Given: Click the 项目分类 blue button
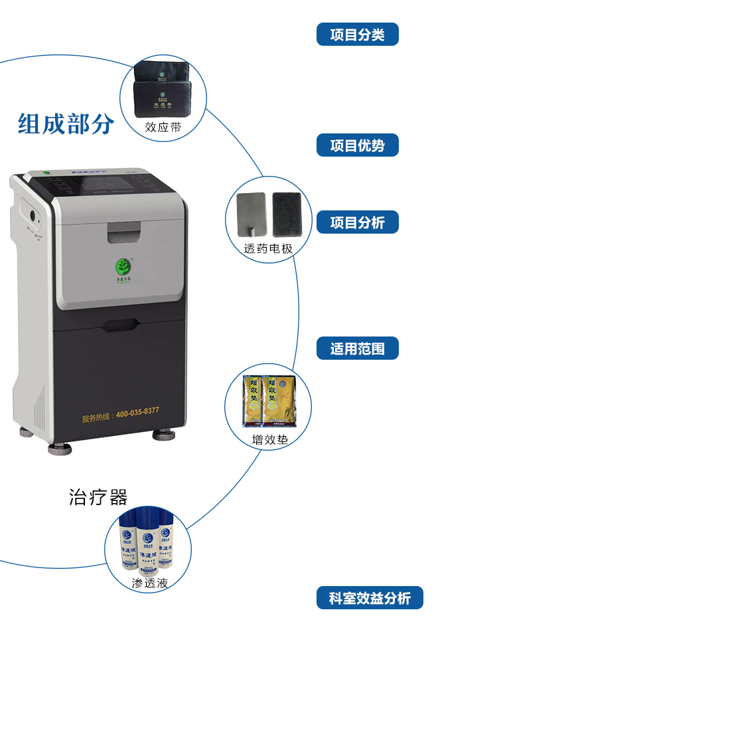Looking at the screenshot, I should click(357, 35).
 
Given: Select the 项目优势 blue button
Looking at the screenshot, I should click(357, 145).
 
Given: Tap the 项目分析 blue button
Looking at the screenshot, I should click(357, 222).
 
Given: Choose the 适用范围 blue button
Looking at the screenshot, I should click(357, 348).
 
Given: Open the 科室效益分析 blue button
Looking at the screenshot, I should click(370, 598).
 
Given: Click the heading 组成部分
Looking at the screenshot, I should click(66, 124).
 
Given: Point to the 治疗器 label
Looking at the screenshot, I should click(98, 497).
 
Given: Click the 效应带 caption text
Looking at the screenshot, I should click(163, 127).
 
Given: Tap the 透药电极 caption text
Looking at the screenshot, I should click(268, 248).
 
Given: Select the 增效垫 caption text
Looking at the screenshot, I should click(269, 439).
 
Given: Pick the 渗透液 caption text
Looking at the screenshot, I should click(149, 583).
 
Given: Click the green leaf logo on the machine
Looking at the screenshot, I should click(123, 267).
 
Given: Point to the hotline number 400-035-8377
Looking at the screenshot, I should click(137, 413).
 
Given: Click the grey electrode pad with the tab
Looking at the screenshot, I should click(251, 214).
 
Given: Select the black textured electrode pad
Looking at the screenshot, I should click(287, 214).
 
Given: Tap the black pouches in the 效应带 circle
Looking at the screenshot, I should click(162, 90).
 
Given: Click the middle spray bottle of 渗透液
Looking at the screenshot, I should click(147, 546).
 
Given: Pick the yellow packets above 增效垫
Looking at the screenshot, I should click(268, 400).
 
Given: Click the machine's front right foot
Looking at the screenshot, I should click(164, 435).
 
